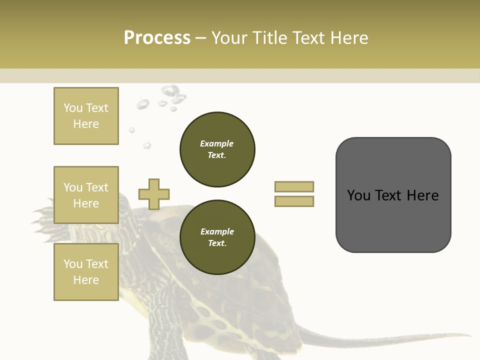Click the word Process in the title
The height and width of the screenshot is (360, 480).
(157, 38)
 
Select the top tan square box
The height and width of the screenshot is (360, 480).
(86, 116)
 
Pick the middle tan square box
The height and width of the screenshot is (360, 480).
(86, 195)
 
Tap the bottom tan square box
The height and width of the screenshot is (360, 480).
(86, 272)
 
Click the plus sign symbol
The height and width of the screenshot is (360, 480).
(154, 194)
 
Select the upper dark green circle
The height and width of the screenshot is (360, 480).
(217, 149)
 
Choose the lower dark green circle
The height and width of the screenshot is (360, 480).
(217, 237)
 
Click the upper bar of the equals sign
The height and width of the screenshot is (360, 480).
(294, 186)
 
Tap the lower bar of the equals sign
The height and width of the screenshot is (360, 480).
(294, 201)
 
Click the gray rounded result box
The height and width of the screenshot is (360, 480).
(393, 195)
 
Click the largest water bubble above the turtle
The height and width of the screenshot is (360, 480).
(170, 91)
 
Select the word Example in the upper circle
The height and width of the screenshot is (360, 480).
(217, 143)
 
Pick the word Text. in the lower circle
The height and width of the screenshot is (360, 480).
(217, 243)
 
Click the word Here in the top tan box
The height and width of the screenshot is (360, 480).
(86, 124)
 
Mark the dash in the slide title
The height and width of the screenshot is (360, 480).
(201, 38)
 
